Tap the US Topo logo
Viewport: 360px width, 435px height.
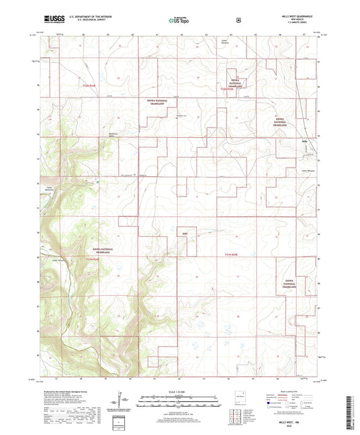tap(179, 20)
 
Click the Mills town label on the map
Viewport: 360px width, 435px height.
tap(305, 140)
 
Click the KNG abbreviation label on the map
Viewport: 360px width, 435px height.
tap(185, 232)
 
